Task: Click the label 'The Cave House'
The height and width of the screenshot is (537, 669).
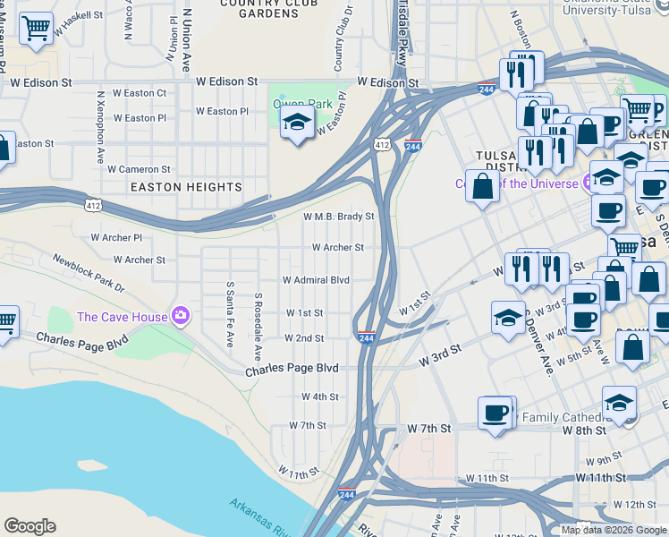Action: pyautogui.click(x=123, y=316)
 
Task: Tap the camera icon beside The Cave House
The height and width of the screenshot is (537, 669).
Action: pyautogui.click(x=181, y=315)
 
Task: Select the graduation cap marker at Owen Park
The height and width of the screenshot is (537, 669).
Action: pyautogui.click(x=297, y=124)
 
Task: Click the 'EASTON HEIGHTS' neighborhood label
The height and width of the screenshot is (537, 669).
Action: pyautogui.click(x=186, y=187)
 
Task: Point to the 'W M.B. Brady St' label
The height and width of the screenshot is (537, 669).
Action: pyautogui.click(x=338, y=217)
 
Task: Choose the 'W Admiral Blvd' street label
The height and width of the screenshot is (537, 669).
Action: pyautogui.click(x=316, y=279)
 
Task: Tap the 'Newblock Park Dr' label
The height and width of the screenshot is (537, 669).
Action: pyautogui.click(x=89, y=273)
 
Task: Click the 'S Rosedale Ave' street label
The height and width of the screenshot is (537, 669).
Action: pyautogui.click(x=258, y=320)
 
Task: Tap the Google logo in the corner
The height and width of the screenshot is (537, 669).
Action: pyautogui.click(x=30, y=525)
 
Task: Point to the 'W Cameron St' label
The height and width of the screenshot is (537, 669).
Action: pyautogui.click(x=139, y=168)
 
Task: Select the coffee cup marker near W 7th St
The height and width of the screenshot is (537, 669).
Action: pyautogui.click(x=495, y=413)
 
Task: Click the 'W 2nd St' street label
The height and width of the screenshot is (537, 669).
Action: pyautogui.click(x=304, y=338)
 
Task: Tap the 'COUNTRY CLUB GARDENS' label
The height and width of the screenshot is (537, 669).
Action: pyautogui.click(x=258, y=9)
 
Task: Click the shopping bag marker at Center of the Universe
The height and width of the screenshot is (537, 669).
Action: pyautogui.click(x=482, y=186)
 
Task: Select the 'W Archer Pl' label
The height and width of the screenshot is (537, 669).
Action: pyautogui.click(x=116, y=238)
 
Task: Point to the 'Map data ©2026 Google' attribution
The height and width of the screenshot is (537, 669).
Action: pyautogui.click(x=614, y=529)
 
